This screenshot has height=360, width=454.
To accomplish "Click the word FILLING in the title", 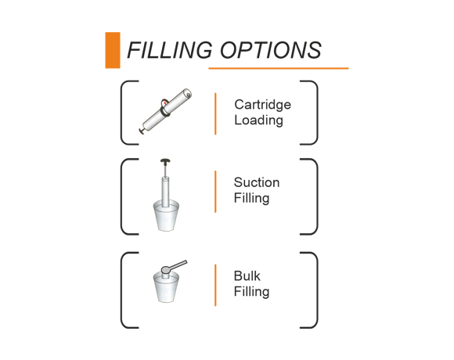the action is (x=170, y=50).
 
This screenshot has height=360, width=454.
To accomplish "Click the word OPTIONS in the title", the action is (x=271, y=50).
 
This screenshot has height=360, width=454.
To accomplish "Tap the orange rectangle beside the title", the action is (x=113, y=50).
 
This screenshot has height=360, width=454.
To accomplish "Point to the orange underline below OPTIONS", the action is (x=279, y=69).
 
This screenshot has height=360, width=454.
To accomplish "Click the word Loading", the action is (x=258, y=121).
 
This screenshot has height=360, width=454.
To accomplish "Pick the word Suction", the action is (x=257, y=182).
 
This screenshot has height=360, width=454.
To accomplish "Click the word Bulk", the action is (x=247, y=276).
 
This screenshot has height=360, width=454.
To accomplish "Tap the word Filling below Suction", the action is (x=251, y=199).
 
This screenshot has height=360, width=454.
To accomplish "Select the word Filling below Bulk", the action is (x=251, y=292).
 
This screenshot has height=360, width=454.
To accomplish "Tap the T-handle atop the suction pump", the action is (x=165, y=161).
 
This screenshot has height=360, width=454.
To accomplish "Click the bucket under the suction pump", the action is (x=166, y=216).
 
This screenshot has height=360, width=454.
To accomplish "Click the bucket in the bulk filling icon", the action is (x=166, y=288).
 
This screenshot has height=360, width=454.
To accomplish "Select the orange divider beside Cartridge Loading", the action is (x=215, y=113).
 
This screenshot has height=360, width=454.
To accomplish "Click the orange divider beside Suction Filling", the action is (x=215, y=192).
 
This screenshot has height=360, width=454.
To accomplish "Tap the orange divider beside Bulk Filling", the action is (x=215, y=285).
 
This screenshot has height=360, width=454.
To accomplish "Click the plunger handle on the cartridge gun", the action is (x=142, y=131).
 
